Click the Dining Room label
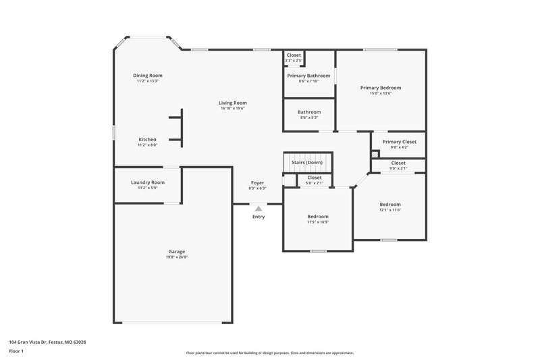click(147, 76)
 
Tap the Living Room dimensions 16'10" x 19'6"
click(233, 108)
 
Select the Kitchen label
click(147, 139)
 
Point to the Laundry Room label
click(147, 182)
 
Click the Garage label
click(176, 251)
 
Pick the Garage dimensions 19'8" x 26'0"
click(176, 257)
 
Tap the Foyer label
click(258, 182)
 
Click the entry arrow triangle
click(258, 209)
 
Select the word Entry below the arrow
click(259, 217)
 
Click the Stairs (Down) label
click(307, 163)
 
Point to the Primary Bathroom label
click(308, 76)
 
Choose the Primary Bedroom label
click(381, 87)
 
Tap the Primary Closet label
click(399, 141)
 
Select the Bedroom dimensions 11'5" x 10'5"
click(317, 222)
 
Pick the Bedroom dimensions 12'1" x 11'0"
click(389, 210)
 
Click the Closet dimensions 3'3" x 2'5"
click(294, 61)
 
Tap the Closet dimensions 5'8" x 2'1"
click(315, 183)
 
